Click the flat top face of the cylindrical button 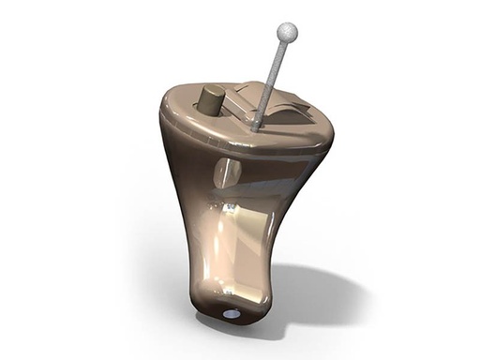[x=213, y=92]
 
